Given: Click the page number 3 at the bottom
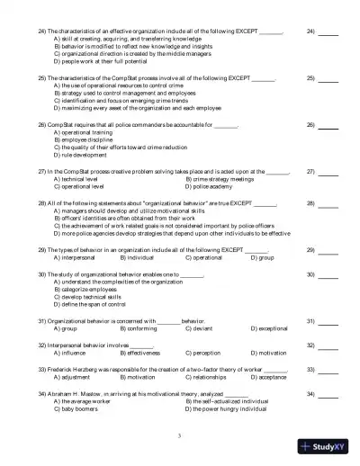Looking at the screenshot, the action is pyautogui.click(x=180, y=435).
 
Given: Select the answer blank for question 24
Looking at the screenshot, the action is pyautogui.click(x=328, y=31).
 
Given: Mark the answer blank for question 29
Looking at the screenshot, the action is pyautogui.click(x=328, y=249).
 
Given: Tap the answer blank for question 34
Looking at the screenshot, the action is pyautogui.click(x=328, y=394).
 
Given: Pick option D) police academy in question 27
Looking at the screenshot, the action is pyautogui.click(x=212, y=186).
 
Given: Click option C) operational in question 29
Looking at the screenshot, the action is pyautogui.click(x=202, y=256).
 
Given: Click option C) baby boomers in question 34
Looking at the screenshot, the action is pyautogui.click(x=84, y=408).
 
